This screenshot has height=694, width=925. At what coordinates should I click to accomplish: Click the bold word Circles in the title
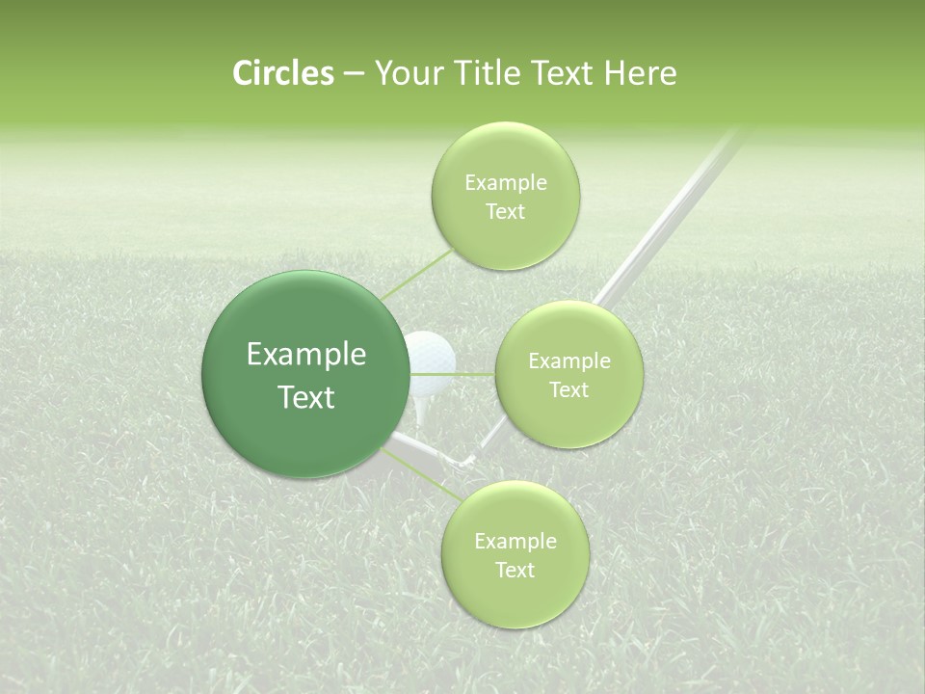coord(282,73)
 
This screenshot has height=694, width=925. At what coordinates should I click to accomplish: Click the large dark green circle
coord(305,374)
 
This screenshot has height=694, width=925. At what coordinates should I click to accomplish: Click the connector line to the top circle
coord(416,274)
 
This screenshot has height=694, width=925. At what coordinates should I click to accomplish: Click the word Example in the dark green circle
coord(306,355)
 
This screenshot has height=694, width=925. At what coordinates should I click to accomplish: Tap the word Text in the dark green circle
coord(306,397)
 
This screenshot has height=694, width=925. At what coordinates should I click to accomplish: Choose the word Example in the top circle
coord(505,183)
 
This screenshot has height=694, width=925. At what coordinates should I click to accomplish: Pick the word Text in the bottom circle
coord(515,570)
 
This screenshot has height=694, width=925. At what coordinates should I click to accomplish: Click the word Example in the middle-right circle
coord(568,361)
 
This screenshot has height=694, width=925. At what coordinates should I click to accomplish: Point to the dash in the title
coord(354,74)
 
